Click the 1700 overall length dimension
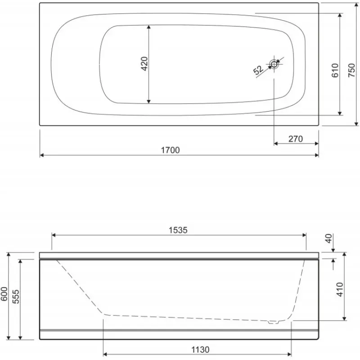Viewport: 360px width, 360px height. (x=171, y=150)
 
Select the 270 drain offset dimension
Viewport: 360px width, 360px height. (x=296, y=139)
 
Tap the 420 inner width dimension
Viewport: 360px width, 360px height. (x=144, y=63)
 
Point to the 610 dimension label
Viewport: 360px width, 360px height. (x=335, y=71)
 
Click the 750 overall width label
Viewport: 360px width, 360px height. (x=351, y=70)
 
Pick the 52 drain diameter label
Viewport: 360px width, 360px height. (x=258, y=70)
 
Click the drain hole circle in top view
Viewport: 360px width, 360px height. (x=274, y=64)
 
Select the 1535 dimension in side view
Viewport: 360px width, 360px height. (x=178, y=230)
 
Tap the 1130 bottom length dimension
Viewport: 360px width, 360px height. (x=200, y=350)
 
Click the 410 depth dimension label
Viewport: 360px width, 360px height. (x=340, y=289)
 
